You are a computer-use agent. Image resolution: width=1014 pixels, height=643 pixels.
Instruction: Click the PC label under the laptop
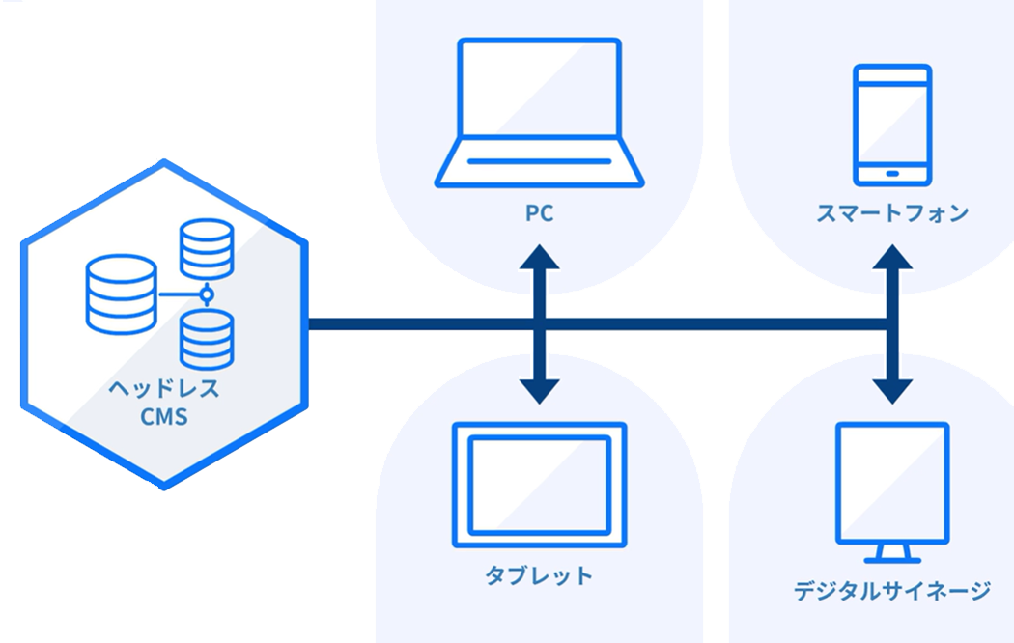point(539,213)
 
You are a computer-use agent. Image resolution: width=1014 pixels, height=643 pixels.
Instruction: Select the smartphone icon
point(892,125)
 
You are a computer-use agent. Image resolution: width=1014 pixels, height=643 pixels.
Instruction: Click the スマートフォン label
point(891,213)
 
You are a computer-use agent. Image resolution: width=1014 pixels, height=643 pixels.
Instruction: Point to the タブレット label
point(539,576)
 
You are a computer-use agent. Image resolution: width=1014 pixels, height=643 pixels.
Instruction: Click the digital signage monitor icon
point(891,487)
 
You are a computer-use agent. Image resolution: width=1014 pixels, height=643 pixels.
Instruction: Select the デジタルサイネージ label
point(891,590)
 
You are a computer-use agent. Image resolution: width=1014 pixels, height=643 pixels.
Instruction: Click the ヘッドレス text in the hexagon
point(163,391)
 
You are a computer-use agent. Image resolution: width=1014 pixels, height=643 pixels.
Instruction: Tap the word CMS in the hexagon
point(163,418)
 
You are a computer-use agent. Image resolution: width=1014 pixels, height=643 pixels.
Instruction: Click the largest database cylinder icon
point(120,294)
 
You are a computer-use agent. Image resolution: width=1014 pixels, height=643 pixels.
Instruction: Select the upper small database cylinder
point(207,249)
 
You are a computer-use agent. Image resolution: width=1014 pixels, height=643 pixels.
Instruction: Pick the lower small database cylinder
point(207,339)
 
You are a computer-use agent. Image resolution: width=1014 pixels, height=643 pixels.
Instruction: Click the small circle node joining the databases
point(206,294)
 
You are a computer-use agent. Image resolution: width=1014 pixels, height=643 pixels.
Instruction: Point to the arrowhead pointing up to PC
point(539,259)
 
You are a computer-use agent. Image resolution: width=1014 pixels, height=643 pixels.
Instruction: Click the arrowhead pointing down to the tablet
point(539,389)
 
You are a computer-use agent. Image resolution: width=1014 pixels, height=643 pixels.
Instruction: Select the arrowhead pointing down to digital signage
point(891,389)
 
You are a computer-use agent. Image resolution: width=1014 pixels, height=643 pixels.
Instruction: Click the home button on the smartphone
point(892,174)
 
